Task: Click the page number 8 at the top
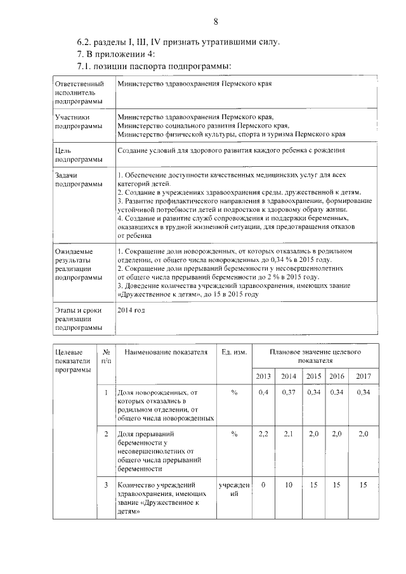click(x=215, y=22)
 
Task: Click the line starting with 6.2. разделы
click(x=178, y=42)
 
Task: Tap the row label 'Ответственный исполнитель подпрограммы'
click(x=79, y=92)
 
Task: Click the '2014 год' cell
click(x=131, y=310)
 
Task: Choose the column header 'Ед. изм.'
click(x=233, y=353)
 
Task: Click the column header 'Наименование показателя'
click(x=166, y=353)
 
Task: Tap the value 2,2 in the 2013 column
click(x=263, y=434)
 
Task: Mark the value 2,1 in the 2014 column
click(x=289, y=434)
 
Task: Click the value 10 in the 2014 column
click(x=289, y=485)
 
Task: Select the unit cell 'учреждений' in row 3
click(x=233, y=489)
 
